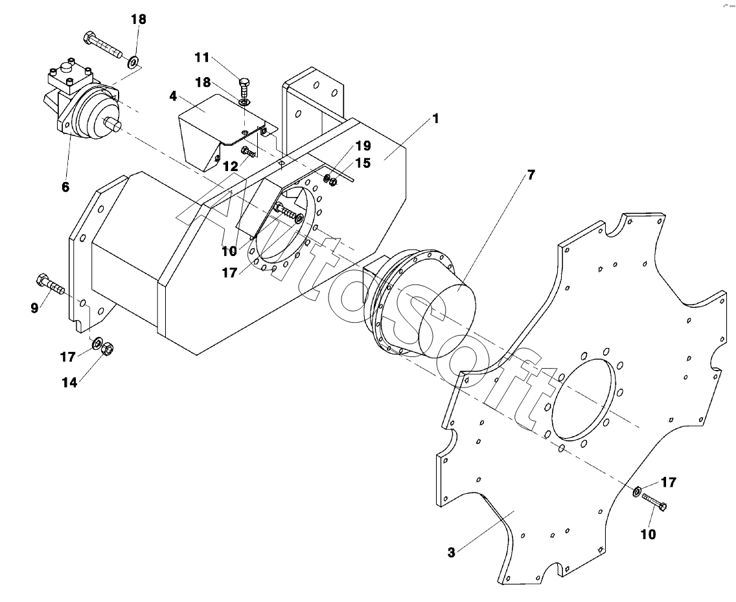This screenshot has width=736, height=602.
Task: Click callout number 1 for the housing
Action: [x=435, y=119]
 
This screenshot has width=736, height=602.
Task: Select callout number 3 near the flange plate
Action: [x=451, y=553]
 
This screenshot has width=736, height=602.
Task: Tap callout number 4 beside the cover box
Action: [x=173, y=97]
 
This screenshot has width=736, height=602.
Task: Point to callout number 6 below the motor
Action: [x=65, y=187]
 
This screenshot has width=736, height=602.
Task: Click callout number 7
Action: [x=531, y=175]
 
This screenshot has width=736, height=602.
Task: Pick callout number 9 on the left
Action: [x=34, y=308]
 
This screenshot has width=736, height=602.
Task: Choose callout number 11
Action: [x=202, y=57]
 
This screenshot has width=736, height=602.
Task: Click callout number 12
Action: [x=231, y=166]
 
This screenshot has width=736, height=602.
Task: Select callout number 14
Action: [x=69, y=383]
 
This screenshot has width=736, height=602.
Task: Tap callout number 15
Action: [x=363, y=163]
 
